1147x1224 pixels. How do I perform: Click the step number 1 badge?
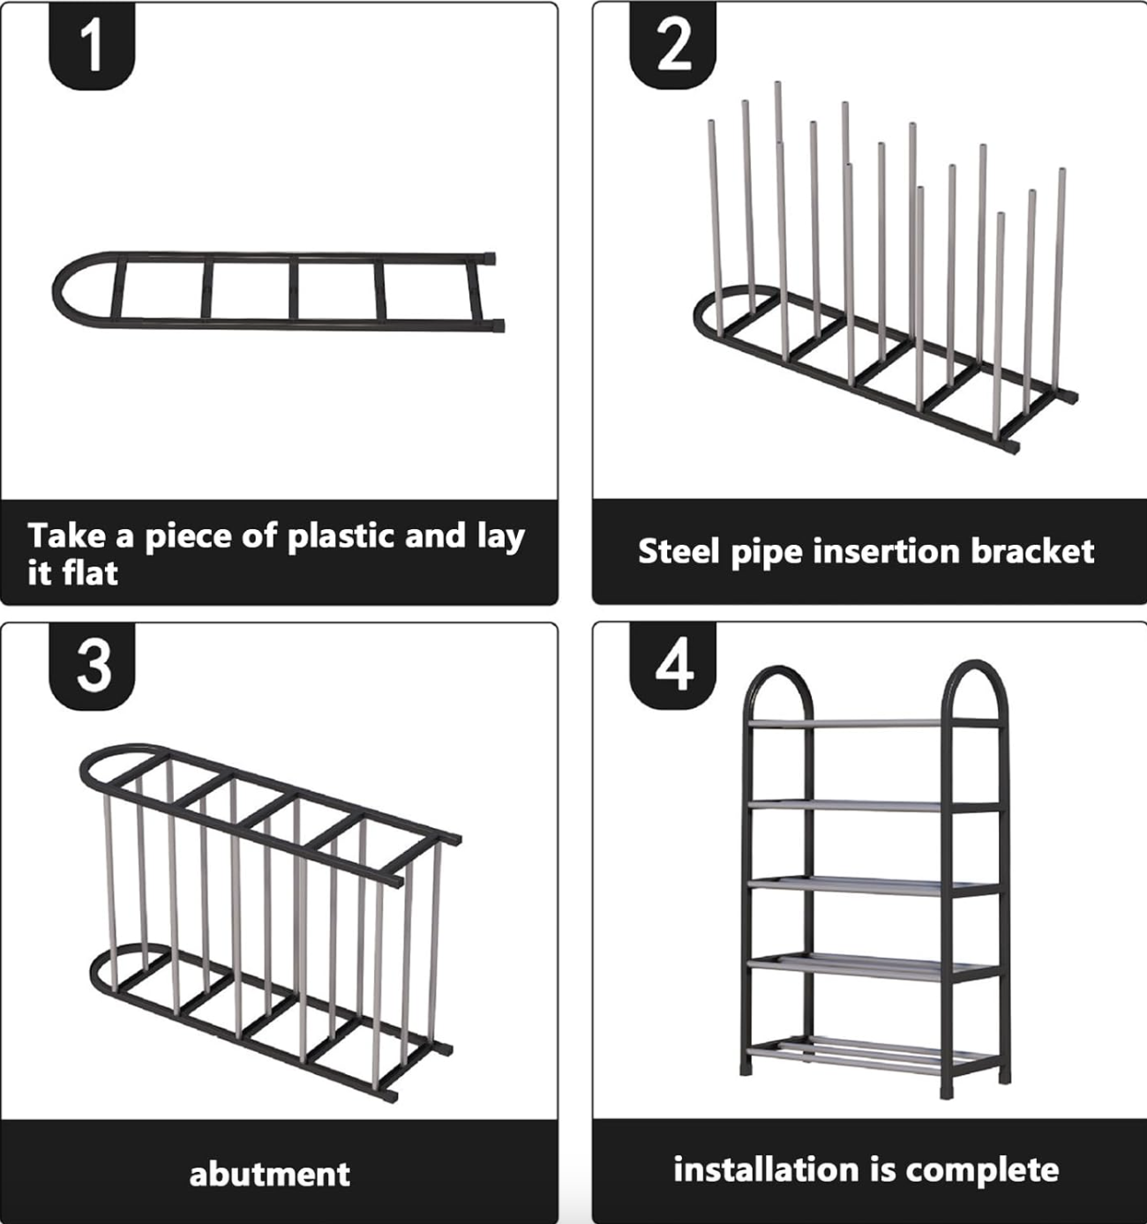tap(91, 46)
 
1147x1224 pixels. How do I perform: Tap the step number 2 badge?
tap(673, 46)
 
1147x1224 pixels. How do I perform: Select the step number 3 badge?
tap(91, 667)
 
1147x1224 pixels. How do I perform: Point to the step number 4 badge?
tap(673, 667)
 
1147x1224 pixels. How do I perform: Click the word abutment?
tap(269, 1174)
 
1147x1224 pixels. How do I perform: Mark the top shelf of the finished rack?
tap(873, 722)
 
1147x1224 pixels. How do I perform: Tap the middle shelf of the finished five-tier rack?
tap(873, 887)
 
